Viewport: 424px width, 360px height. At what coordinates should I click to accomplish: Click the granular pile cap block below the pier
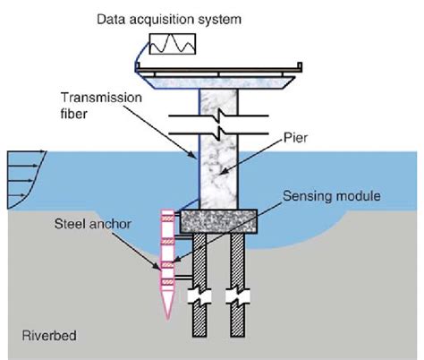pos(219,220)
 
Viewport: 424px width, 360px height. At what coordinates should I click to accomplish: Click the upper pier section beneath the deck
pos(217,100)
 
